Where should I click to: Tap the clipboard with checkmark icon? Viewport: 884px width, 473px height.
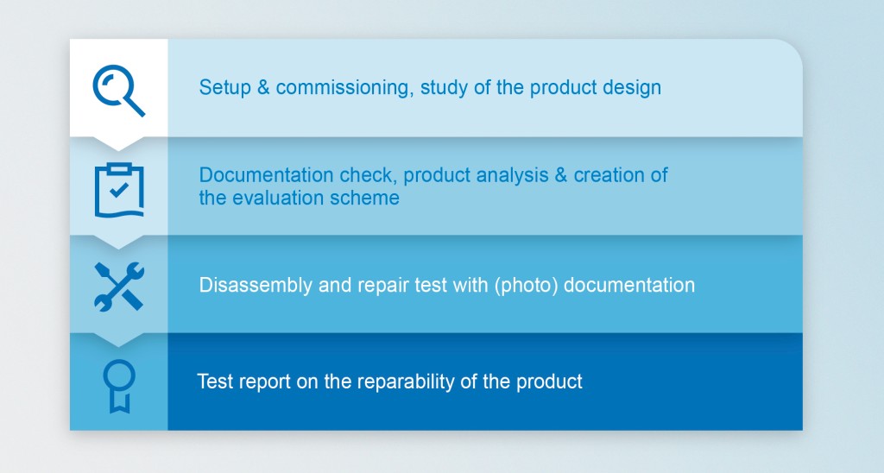pos(118,188)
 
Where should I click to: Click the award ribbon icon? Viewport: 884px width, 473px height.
pos(118,385)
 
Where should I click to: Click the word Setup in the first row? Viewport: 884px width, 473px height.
pos(221,88)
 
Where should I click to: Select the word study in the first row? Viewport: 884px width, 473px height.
pos(444,88)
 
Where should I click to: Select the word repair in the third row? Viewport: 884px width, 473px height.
pos(358,286)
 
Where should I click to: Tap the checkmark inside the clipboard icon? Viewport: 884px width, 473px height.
pos(119,188)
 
